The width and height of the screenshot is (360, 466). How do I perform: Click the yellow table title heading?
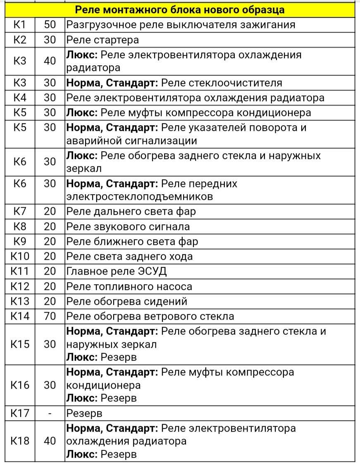click(179, 10)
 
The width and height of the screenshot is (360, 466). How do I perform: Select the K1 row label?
click(20, 25)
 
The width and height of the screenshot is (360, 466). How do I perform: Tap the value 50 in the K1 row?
click(50, 25)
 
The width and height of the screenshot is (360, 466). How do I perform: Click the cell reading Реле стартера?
click(103, 40)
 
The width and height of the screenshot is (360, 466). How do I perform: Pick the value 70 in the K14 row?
click(50, 316)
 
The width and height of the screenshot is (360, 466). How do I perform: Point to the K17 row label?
click(20, 413)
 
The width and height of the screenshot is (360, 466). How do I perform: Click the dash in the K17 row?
click(50, 413)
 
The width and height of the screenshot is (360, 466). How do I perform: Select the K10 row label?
click(20, 257)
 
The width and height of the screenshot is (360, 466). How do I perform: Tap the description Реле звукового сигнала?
click(128, 227)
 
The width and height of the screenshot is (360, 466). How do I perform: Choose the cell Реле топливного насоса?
click(129, 286)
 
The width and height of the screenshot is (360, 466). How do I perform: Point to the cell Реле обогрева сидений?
click(127, 301)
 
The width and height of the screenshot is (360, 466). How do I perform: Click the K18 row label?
click(20, 441)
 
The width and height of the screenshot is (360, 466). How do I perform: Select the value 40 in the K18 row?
click(50, 441)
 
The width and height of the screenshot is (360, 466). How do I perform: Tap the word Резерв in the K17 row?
click(84, 413)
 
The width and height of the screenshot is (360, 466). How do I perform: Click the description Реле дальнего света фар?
click(131, 212)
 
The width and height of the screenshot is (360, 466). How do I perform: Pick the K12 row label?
click(20, 286)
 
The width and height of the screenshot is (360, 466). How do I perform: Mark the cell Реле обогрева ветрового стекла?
click(150, 316)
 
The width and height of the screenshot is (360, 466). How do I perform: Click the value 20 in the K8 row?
click(50, 227)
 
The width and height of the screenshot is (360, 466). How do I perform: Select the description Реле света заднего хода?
click(129, 257)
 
